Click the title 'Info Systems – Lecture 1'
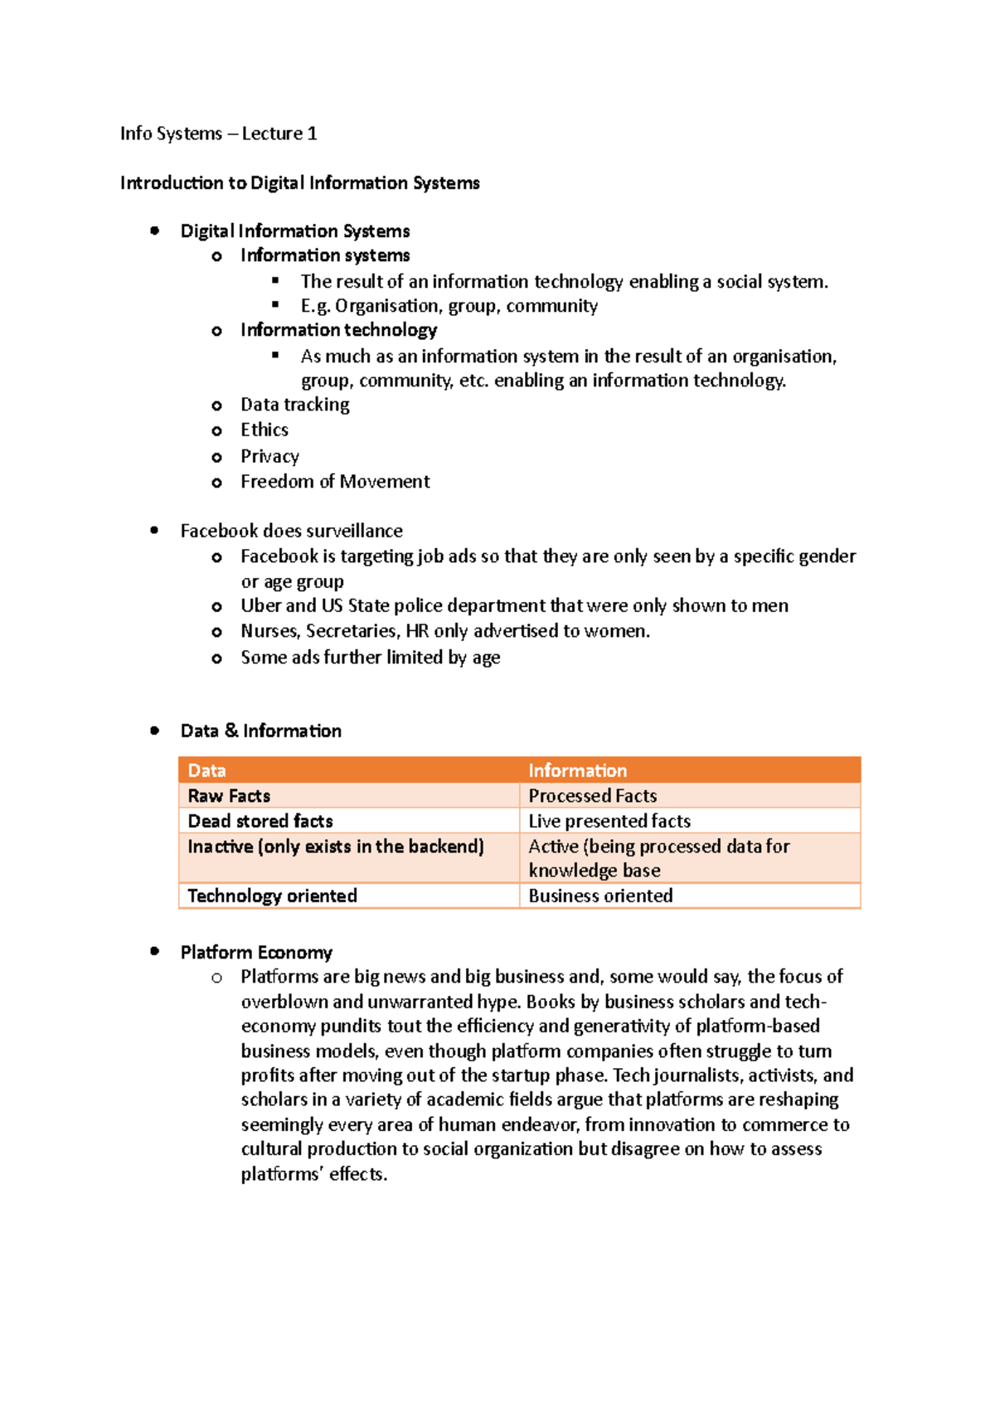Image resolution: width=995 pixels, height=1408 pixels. [218, 134]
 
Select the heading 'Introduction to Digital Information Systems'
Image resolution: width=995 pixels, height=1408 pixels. [299, 182]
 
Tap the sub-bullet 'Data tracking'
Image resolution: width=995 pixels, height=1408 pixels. [294, 405]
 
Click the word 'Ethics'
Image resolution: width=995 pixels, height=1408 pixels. [265, 430]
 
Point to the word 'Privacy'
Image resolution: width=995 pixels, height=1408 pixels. [269, 456]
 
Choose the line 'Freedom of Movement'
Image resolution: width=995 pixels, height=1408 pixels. [335, 482]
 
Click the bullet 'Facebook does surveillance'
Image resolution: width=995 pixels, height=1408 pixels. [291, 531]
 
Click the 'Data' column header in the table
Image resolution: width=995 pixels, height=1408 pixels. [207, 770]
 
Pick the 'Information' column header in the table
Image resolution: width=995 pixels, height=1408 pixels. [577, 770]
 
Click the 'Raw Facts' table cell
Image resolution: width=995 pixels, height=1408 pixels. [229, 796]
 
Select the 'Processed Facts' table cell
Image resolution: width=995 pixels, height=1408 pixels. [592, 796]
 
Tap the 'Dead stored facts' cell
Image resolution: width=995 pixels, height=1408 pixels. [260, 821]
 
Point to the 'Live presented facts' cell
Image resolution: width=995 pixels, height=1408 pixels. [609, 821]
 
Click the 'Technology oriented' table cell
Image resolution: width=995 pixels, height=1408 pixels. [272, 896]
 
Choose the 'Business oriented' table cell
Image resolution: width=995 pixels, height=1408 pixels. [600, 896]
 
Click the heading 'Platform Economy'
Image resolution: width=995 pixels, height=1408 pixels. [256, 952]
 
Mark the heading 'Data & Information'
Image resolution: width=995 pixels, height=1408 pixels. [260, 731]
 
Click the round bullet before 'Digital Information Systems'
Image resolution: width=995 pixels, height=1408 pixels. [154, 231]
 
